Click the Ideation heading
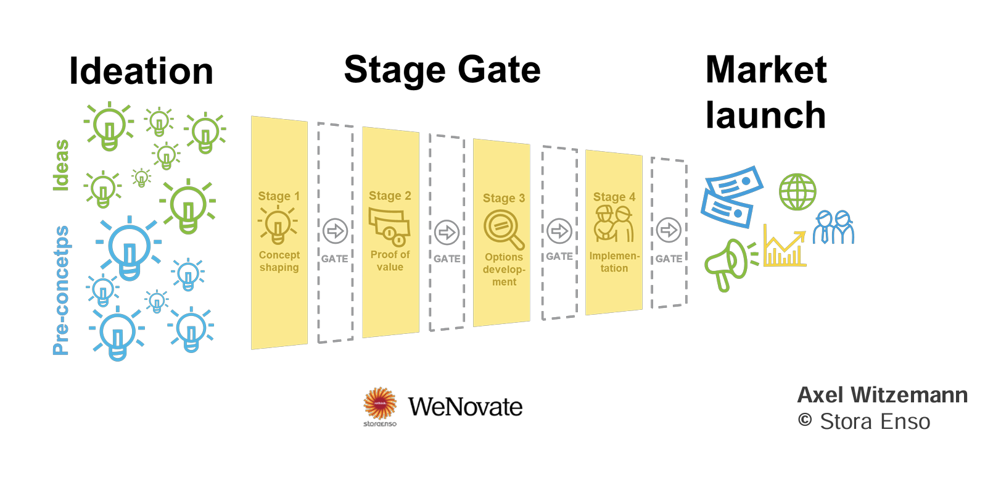[141, 71]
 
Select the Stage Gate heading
[442, 69]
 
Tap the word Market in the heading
[766, 69]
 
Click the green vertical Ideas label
[61, 165]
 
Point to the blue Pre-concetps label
[61, 290]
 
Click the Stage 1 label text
[279, 196]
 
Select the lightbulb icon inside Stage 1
[278, 226]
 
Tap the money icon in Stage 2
[389, 227]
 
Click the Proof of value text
[390, 260]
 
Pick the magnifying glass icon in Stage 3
[503, 229]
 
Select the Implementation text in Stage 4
[614, 262]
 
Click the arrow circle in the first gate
[336, 231]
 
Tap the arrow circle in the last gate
[669, 230]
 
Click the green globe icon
[797, 192]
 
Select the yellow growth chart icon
[785, 247]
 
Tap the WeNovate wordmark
[465, 407]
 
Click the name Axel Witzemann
[882, 395]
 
